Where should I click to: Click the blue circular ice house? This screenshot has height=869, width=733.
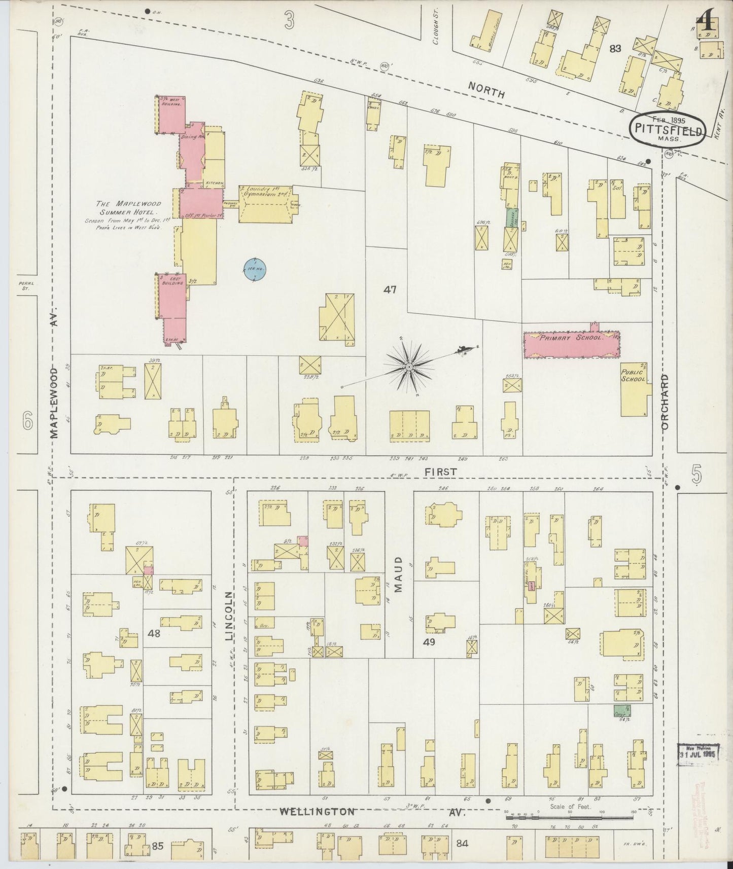click(255, 269)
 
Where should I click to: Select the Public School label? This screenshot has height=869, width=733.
click(634, 376)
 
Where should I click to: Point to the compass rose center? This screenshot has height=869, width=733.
click(409, 366)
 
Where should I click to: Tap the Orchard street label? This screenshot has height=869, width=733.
click(666, 402)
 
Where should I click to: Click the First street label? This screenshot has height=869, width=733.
click(441, 471)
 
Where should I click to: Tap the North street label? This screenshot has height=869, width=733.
click(486, 90)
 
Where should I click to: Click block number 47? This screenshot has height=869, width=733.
click(390, 289)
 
